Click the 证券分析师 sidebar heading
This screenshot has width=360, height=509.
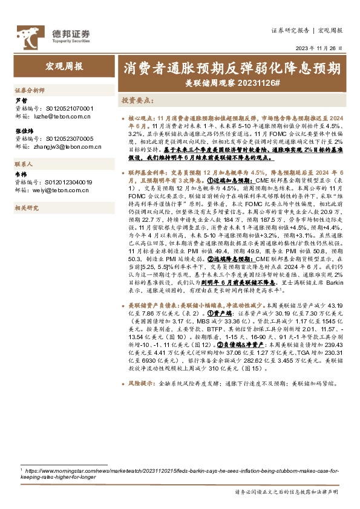(x=30, y=89)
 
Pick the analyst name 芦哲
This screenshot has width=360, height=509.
(x=21, y=100)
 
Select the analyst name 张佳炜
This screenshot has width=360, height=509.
(x=23, y=131)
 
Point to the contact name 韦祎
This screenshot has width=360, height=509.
(x=21, y=174)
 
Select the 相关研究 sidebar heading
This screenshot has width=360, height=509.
(x=26, y=208)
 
